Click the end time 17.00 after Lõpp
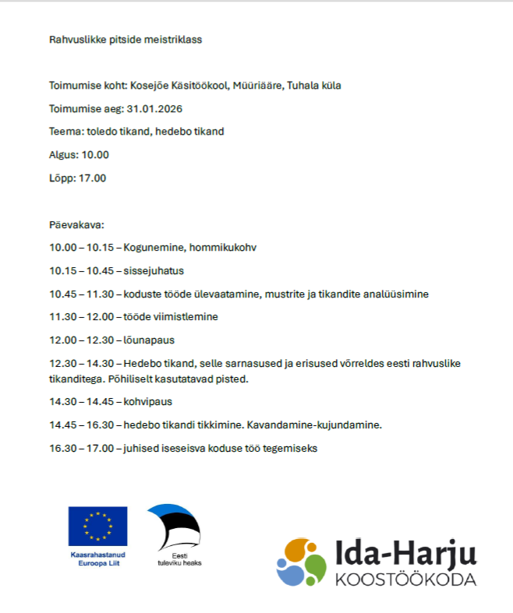[92, 178]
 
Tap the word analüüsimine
[394, 294]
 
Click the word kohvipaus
[148, 402]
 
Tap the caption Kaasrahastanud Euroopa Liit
[97, 558]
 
